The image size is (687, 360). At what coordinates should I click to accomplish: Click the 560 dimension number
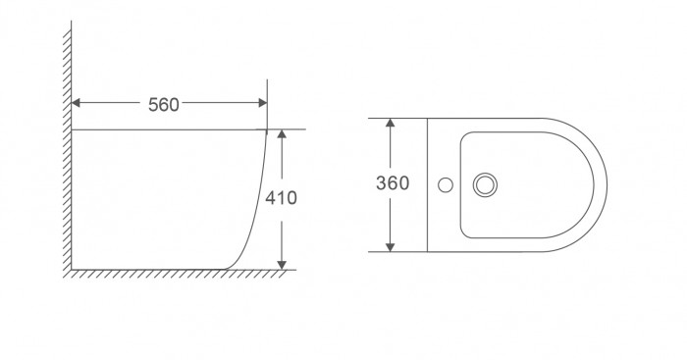(163, 104)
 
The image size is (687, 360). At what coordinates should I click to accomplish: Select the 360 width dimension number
(392, 183)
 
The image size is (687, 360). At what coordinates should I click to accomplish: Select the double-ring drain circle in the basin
(485, 183)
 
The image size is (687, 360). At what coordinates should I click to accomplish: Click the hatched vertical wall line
(70, 147)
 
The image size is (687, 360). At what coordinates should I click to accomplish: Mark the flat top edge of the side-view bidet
(167, 129)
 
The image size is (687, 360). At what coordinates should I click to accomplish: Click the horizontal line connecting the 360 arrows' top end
(402, 119)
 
